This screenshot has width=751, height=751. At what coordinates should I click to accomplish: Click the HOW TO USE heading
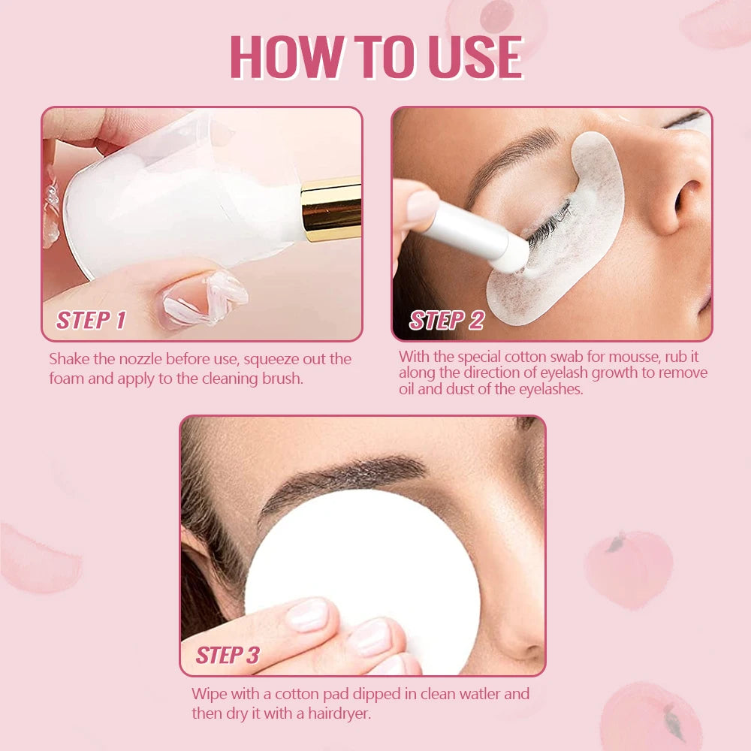click(x=375, y=57)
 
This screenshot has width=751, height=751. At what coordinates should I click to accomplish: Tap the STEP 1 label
click(x=91, y=320)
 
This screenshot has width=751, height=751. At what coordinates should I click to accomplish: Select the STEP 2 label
click(x=446, y=320)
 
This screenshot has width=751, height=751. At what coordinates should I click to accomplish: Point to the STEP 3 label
click(x=227, y=655)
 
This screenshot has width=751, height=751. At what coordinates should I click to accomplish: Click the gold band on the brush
click(x=330, y=209)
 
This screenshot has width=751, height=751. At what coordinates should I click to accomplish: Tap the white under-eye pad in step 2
click(x=571, y=248)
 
